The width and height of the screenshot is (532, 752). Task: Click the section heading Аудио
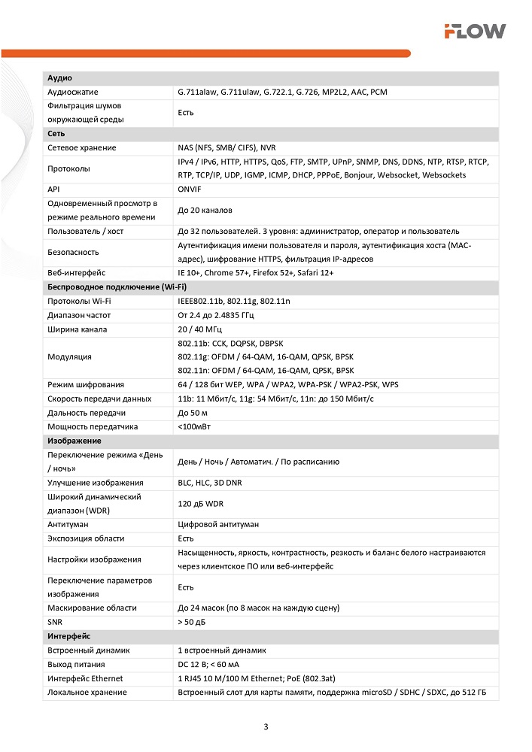pos(59,78)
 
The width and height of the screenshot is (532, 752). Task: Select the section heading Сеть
pos(56,134)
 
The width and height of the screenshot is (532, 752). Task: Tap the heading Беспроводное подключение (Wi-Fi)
pos(117,287)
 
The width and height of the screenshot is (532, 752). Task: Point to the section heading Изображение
pos(74,441)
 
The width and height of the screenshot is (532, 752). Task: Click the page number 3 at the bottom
pos(266,726)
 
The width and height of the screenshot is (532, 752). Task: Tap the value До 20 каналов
pos(205,210)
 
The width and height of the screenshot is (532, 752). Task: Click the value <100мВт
pos(195,426)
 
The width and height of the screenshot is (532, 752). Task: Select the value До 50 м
pos(193,413)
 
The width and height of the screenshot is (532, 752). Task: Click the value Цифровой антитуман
pos(218,524)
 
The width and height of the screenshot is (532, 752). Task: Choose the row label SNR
pos(55,622)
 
